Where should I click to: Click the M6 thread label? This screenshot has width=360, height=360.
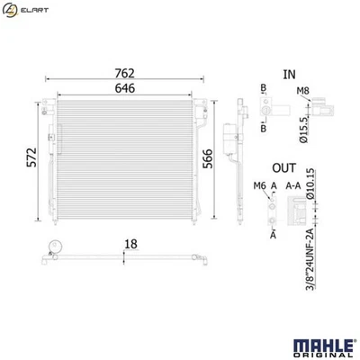(x=259, y=185)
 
